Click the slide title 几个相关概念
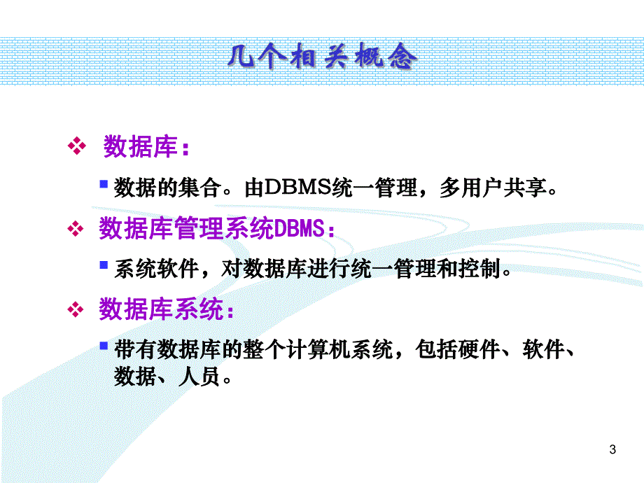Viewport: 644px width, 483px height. click(322, 57)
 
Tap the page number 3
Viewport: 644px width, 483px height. click(613, 449)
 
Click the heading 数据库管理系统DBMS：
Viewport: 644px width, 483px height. click(217, 229)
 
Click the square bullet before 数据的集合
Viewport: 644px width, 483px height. click(104, 185)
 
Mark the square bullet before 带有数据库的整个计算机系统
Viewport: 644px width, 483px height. click(104, 346)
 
